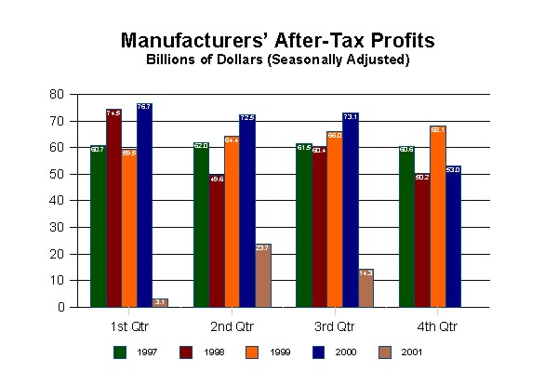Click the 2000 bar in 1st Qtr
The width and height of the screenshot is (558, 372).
coord(144,205)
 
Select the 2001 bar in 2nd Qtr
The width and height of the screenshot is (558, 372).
coord(262,275)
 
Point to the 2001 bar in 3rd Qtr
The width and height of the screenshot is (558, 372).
coord(365,287)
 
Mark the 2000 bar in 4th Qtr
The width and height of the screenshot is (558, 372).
coord(453,236)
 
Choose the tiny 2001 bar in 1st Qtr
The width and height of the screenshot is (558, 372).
coord(160,302)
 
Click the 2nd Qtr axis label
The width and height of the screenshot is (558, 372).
coord(232,326)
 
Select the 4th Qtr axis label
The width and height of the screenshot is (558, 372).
coord(436,326)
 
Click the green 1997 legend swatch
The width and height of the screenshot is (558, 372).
coord(119,352)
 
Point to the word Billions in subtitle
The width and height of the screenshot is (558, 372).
coord(172,60)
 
